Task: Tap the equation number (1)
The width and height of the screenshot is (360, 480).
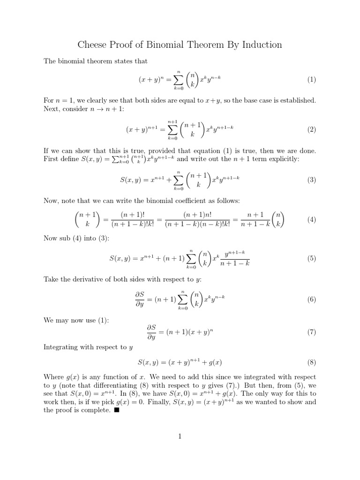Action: tap(312, 80)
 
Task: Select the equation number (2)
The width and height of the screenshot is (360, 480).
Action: tap(312, 129)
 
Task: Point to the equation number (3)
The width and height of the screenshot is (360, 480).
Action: tap(312, 180)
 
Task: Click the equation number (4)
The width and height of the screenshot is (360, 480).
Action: tap(312, 219)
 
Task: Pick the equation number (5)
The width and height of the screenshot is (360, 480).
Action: tap(312, 258)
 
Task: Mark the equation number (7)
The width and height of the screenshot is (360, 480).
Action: tap(312, 332)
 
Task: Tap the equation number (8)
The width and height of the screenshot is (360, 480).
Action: tap(312, 362)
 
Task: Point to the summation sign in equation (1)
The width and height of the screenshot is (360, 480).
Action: tap(178, 79)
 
